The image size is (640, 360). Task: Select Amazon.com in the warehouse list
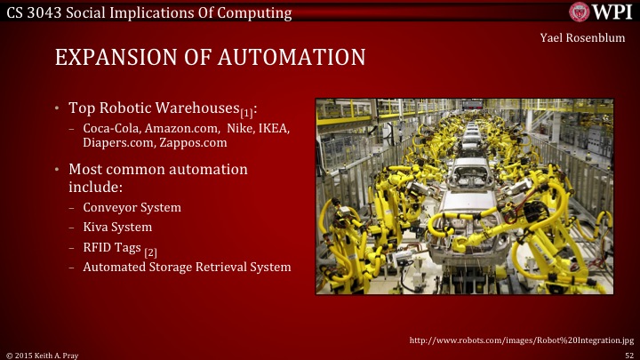point(182,129)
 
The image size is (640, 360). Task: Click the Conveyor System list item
point(132,207)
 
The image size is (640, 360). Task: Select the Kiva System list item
point(116,227)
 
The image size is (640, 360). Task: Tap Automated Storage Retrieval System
point(187,267)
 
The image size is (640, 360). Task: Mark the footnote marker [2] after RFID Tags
point(151,252)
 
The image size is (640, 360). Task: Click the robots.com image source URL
point(521,340)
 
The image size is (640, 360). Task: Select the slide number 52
point(628,354)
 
